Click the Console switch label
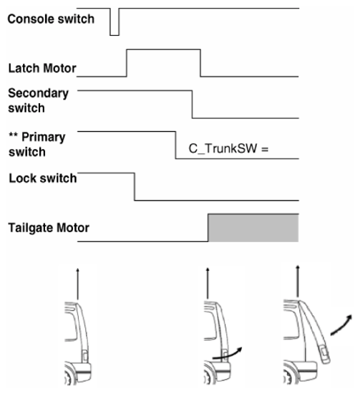coord(51,19)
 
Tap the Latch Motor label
coord(42,68)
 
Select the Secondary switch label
coord(38,100)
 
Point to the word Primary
coord(44,138)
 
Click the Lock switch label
coord(43,178)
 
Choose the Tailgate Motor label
coord(49,228)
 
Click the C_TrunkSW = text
coord(228,148)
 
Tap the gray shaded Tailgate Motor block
coord(253,228)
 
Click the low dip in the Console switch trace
coord(115,35)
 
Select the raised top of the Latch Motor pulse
coord(163,49)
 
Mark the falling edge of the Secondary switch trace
coord(193,105)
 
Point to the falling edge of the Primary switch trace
coord(175,145)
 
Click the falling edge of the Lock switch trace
coord(135,187)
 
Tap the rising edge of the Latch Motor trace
coord(127,63)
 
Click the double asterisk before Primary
coord(14,135)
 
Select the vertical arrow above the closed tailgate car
coord(77,284)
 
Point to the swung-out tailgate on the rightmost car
coord(315,332)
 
